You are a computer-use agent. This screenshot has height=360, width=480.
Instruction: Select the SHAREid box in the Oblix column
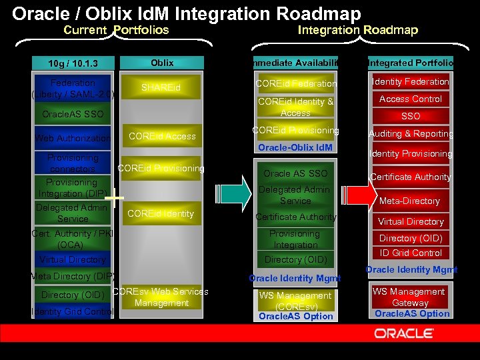pyautogui.click(x=162, y=88)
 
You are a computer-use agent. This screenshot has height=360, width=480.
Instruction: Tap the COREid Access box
pyautogui.click(x=162, y=136)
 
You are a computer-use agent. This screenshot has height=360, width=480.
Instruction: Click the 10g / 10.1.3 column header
pyautogui.click(x=73, y=64)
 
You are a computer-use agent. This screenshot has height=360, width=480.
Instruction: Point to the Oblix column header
pyautogui.click(x=162, y=63)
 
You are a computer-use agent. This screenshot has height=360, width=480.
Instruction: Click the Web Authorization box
pyautogui.click(x=73, y=138)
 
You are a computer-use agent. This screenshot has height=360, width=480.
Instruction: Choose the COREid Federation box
pyautogui.click(x=296, y=84)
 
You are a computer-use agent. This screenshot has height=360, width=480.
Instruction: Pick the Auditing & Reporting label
pyautogui.click(x=411, y=133)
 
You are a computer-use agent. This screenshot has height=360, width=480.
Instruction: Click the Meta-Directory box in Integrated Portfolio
pyautogui.click(x=410, y=201)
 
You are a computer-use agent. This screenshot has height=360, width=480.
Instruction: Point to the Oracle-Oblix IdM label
pyautogui.click(x=295, y=147)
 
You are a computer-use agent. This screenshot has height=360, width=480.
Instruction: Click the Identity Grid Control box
pyautogui.click(x=73, y=311)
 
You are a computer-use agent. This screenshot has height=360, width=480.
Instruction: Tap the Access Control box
pyautogui.click(x=410, y=99)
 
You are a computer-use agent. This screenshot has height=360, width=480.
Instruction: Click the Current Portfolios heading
pyautogui.click(x=116, y=30)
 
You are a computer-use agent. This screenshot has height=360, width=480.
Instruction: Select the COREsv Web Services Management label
pyautogui.click(x=161, y=297)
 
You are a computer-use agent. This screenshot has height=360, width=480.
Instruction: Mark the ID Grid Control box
pyautogui.click(x=411, y=253)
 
